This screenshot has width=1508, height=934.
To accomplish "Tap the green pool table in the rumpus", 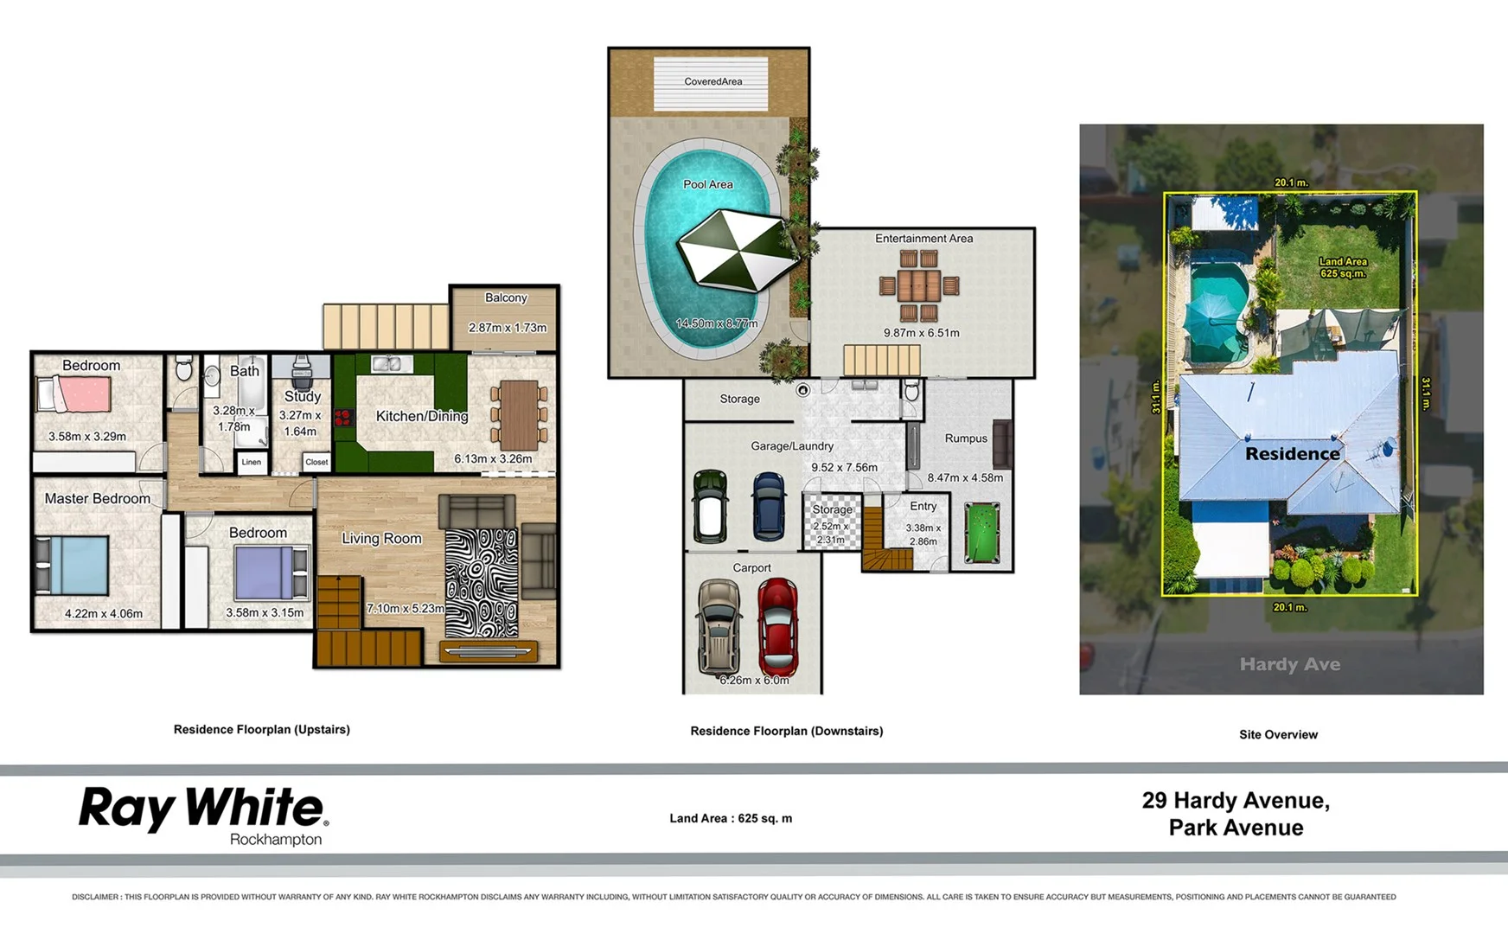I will [x=981, y=534].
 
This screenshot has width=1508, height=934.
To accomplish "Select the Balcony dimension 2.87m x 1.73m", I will [x=507, y=328].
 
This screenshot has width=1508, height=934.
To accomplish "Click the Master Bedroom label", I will [x=97, y=499].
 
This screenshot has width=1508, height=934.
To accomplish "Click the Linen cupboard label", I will [x=251, y=462].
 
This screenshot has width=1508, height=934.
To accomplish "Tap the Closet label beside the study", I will [x=316, y=462].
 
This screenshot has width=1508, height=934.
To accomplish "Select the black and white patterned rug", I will [x=481, y=582].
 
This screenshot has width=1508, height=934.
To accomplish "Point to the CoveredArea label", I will [x=712, y=81].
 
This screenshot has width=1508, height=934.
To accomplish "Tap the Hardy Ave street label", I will [x=1289, y=664].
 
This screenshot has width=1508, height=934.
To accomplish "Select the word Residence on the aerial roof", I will [x=1292, y=453].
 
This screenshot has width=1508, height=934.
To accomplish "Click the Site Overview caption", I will [x=1278, y=734].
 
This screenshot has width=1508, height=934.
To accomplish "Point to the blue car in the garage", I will [x=769, y=507].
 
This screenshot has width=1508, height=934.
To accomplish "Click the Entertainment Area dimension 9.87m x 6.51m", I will [x=921, y=333].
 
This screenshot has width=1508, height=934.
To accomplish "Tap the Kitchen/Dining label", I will [x=422, y=416].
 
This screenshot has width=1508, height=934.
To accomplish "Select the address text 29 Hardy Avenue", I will [x=1236, y=801].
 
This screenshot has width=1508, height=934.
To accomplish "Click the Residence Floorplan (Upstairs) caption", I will [x=261, y=729].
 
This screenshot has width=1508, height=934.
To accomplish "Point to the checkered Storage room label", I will [x=832, y=509].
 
